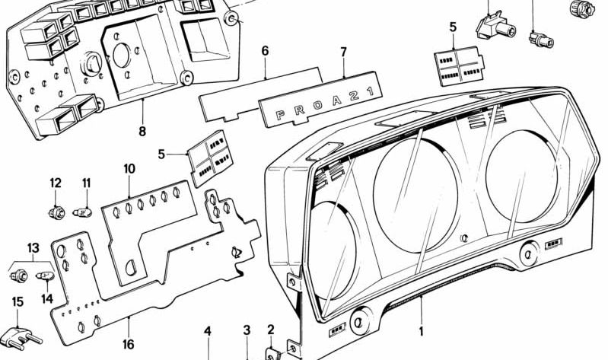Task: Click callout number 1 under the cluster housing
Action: pos(419,333)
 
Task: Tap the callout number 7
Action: pos(343,52)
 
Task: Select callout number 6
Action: pos(265,51)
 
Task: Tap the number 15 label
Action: pos(17,302)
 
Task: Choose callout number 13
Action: pos(32,248)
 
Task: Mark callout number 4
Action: pos(207,331)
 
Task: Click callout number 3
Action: pos(247,330)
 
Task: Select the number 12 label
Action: pos(56,183)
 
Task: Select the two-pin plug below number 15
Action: pos(24,334)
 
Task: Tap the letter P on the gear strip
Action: pos(278,116)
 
